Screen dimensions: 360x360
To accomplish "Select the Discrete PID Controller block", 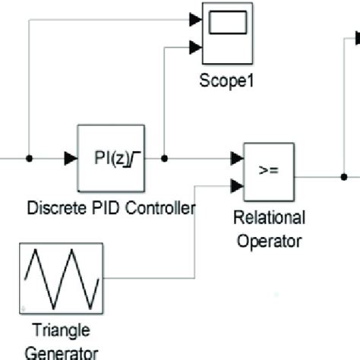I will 111,158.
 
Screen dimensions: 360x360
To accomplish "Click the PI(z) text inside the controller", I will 105,159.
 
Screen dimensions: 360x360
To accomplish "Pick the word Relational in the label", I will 269,219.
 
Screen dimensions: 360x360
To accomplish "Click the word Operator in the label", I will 269,242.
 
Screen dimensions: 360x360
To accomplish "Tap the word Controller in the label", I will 163,207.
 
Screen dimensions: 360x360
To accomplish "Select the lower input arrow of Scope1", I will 195,46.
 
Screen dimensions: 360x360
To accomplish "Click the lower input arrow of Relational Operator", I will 237,185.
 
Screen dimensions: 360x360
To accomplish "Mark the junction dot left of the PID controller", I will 29,159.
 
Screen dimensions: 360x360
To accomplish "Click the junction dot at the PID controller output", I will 166,159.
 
